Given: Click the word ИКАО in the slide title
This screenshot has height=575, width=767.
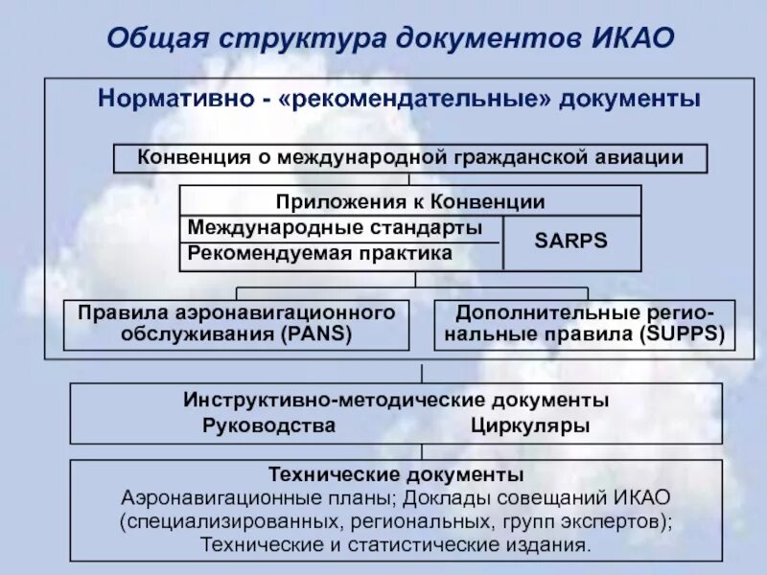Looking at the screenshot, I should tap(626, 37).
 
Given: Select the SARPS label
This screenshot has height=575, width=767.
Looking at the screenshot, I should tap(570, 241).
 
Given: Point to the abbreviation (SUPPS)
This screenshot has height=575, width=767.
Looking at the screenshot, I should tap(682, 334).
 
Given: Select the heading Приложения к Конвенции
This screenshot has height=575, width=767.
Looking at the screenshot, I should tap(410, 201).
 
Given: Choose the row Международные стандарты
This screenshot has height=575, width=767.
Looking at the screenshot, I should tap(336, 228).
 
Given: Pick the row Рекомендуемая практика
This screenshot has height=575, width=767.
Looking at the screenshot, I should tap(319, 253).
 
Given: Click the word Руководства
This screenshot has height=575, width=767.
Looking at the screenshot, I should tap(269, 425).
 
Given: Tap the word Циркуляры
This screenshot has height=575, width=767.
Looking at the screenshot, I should tap(530, 425).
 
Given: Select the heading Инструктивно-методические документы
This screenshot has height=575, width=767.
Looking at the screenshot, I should tap(396, 400).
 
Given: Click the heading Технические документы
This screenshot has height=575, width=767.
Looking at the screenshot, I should tap(396, 475).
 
